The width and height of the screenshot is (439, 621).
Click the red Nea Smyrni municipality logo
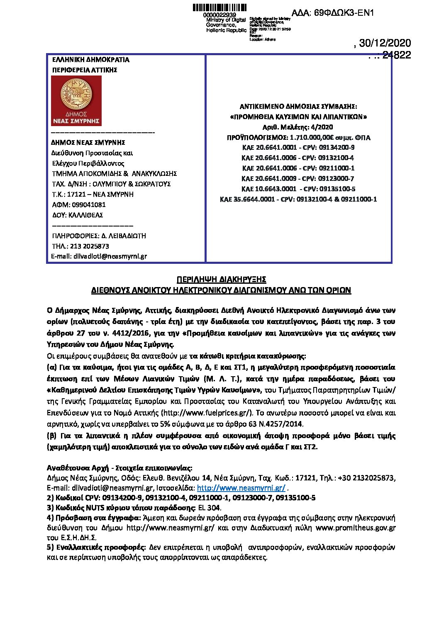[x=76, y=101]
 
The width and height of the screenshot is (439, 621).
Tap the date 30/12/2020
[x=385, y=43]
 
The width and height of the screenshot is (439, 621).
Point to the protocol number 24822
[x=396, y=55]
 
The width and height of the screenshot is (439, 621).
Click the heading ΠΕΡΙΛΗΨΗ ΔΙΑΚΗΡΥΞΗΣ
[x=221, y=279]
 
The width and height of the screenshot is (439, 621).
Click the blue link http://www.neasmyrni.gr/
[x=241, y=488]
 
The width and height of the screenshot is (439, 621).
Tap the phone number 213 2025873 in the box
[x=90, y=246]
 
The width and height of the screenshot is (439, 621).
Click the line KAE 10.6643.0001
[x=298, y=189]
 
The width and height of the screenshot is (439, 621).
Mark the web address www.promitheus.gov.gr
[x=356, y=528]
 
